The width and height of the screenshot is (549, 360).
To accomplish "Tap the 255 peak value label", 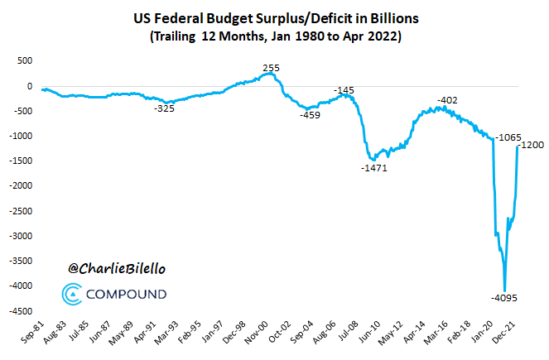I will pos(270,68).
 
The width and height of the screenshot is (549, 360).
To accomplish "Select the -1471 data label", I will pos(373,168).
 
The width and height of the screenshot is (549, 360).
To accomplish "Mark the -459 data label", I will pos(311,115).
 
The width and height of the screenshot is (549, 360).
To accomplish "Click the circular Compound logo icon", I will pos(72,294).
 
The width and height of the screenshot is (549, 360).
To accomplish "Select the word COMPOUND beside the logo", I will pos(126,294).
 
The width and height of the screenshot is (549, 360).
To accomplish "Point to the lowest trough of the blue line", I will pos(504,289).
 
